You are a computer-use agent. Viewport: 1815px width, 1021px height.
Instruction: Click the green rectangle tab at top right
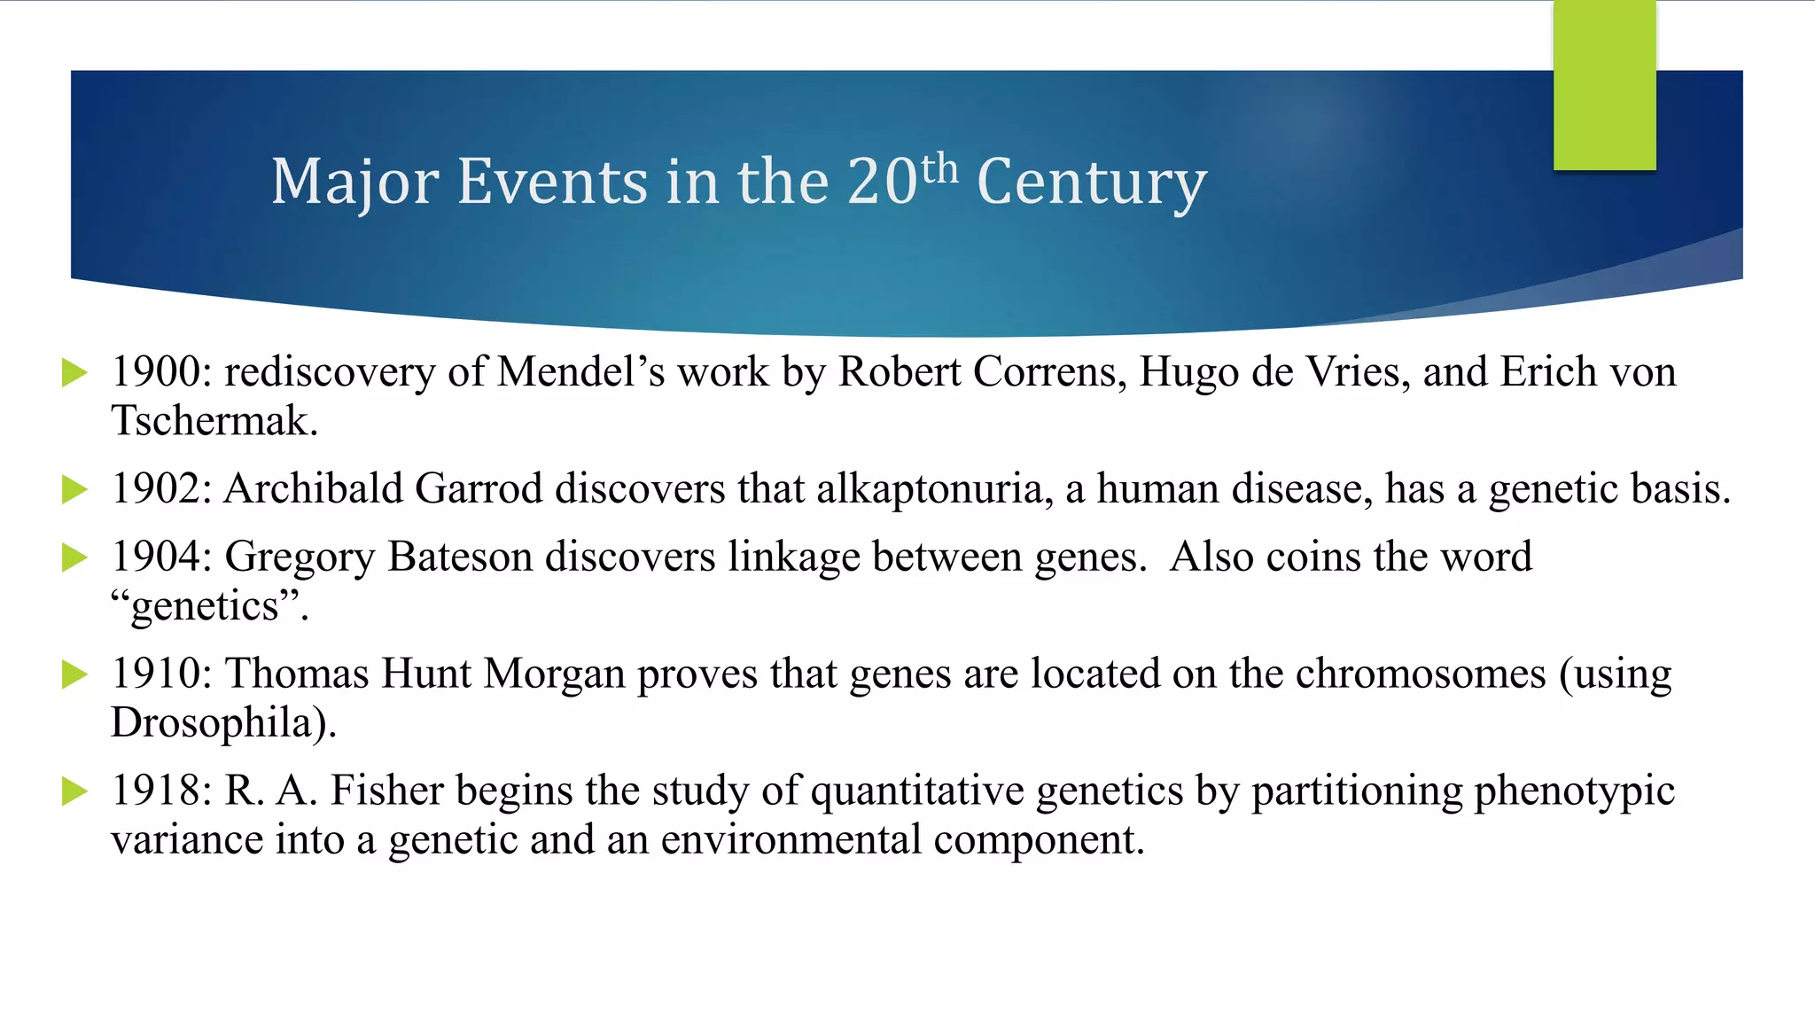click(x=1604, y=86)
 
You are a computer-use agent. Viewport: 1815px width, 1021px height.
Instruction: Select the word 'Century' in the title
click(x=1091, y=182)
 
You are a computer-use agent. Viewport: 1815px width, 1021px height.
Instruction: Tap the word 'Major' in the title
click(x=354, y=182)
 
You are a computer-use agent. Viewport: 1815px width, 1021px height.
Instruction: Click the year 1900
click(x=155, y=372)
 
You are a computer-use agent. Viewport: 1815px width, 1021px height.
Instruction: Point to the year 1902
click(x=155, y=489)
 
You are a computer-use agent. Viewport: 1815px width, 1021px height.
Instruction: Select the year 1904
click(x=155, y=557)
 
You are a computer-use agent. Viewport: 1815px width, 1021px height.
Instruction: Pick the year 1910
click(x=155, y=674)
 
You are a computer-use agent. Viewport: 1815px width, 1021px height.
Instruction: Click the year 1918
click(x=155, y=791)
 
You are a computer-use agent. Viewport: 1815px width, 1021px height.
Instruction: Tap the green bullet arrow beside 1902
click(x=75, y=489)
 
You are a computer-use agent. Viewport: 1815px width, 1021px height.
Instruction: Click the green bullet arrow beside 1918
click(x=75, y=791)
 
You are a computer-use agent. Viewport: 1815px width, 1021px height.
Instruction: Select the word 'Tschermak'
click(x=209, y=421)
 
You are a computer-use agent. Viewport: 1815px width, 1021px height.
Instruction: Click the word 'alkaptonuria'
click(x=930, y=489)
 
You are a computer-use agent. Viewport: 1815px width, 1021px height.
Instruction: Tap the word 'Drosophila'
click(x=213, y=723)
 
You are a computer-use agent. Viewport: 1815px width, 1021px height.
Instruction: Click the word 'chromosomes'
click(x=1421, y=674)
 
